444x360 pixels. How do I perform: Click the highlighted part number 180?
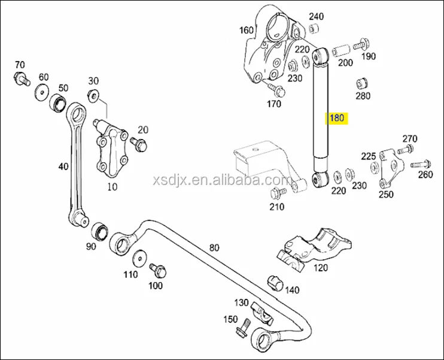pos(337,118)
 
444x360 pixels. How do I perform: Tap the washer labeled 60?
pos(42,91)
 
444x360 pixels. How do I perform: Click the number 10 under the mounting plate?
pos(112,186)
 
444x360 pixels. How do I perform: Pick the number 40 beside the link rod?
pos(63,167)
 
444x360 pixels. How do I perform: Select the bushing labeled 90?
pos(99,229)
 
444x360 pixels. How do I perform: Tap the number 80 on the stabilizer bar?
pos(214,247)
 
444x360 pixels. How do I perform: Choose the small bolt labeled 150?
pos(242,330)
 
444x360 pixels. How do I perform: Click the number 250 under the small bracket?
pos(386,194)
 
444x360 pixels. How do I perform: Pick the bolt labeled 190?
pos(361,44)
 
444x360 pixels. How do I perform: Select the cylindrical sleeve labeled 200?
pos(341,48)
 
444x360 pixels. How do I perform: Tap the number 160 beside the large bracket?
pos(247,30)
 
